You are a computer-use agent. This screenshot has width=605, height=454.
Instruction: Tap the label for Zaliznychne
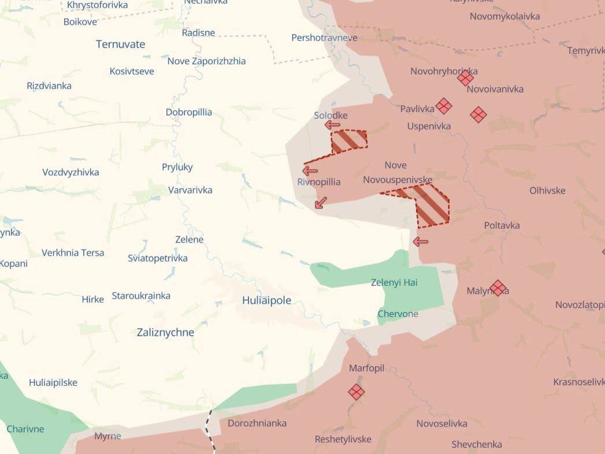(165, 333)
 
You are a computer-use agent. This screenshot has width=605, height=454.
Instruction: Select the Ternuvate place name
(120, 44)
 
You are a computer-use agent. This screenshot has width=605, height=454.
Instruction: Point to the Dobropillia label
(189, 112)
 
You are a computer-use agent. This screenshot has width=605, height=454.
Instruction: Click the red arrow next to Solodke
(332, 125)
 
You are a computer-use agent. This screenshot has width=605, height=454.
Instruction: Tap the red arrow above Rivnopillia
(310, 170)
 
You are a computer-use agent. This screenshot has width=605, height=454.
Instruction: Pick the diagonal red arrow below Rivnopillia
(321, 202)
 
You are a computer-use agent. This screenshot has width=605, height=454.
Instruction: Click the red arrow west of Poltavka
(421, 241)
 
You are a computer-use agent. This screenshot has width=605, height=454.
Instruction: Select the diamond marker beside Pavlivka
(444, 106)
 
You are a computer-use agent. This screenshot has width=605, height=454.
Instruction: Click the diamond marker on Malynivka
(498, 288)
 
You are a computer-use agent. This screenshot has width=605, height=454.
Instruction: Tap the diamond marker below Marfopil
(357, 392)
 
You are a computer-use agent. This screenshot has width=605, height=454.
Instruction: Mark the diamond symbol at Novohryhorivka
(465, 78)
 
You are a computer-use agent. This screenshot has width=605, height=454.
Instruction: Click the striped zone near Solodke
(349, 140)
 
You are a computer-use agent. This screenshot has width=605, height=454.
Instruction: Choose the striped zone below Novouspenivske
(430, 205)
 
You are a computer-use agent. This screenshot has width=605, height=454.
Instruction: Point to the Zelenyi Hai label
(394, 282)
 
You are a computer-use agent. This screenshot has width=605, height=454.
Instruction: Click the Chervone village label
(398, 314)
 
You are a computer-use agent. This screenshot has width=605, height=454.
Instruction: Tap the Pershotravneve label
(324, 38)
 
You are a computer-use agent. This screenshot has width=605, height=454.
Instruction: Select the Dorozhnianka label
(257, 423)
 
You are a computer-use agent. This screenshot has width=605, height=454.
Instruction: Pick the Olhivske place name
(547, 191)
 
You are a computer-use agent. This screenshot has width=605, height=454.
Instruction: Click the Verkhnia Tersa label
(73, 252)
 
